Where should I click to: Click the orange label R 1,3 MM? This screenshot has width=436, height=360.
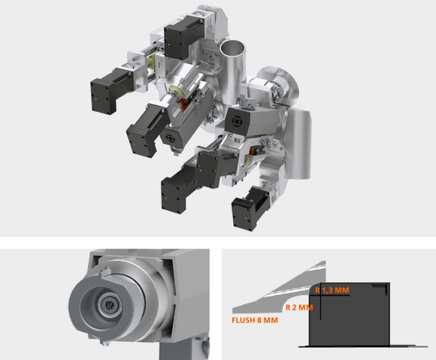point(332,290)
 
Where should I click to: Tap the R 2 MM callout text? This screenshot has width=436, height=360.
point(299,307)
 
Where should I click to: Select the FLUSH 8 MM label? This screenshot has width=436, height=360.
point(255,320)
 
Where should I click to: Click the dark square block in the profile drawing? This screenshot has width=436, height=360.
point(350,315)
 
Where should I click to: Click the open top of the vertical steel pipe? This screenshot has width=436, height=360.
point(233,48)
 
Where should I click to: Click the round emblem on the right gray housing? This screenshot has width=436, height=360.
point(237,122)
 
